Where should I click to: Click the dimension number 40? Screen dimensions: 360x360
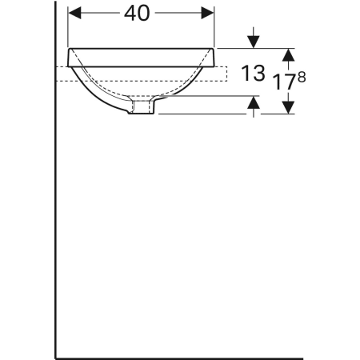(142, 13)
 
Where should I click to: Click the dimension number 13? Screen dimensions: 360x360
(253, 74)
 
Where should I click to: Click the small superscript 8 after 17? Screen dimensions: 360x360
(302, 76)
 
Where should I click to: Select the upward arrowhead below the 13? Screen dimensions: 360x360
(254, 102)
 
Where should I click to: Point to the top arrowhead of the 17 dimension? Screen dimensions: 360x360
(290, 53)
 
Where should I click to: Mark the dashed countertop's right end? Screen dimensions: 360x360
(229, 73)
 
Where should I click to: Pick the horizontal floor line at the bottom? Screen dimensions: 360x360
(176, 357)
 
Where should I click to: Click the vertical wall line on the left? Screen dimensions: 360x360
(54, 200)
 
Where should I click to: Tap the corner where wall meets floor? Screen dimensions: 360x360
(54, 357)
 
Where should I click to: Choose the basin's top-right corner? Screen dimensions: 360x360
(213, 49)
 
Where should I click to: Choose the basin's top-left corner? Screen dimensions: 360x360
(70, 49)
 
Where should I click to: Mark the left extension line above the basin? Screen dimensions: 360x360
(69, 24)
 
